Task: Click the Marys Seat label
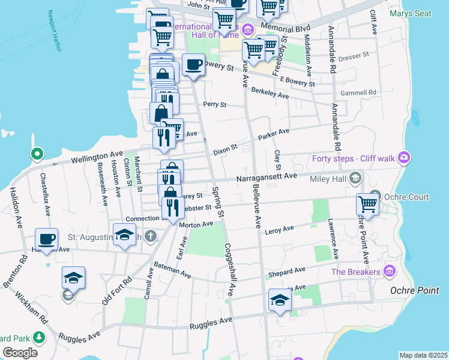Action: click(410, 13)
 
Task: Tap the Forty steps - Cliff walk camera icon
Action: click(404, 158)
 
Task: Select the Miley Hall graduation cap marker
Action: click(356, 178)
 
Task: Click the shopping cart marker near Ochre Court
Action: click(367, 204)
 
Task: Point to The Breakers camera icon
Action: click(391, 272)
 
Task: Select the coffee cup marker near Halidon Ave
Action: click(46, 239)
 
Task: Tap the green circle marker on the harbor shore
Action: click(37, 154)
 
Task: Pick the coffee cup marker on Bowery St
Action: click(193, 65)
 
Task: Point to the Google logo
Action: click(20, 353)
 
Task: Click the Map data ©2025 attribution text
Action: click(423, 355)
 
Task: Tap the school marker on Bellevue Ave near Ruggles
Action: click(279, 299)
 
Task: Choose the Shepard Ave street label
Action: click(287, 273)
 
